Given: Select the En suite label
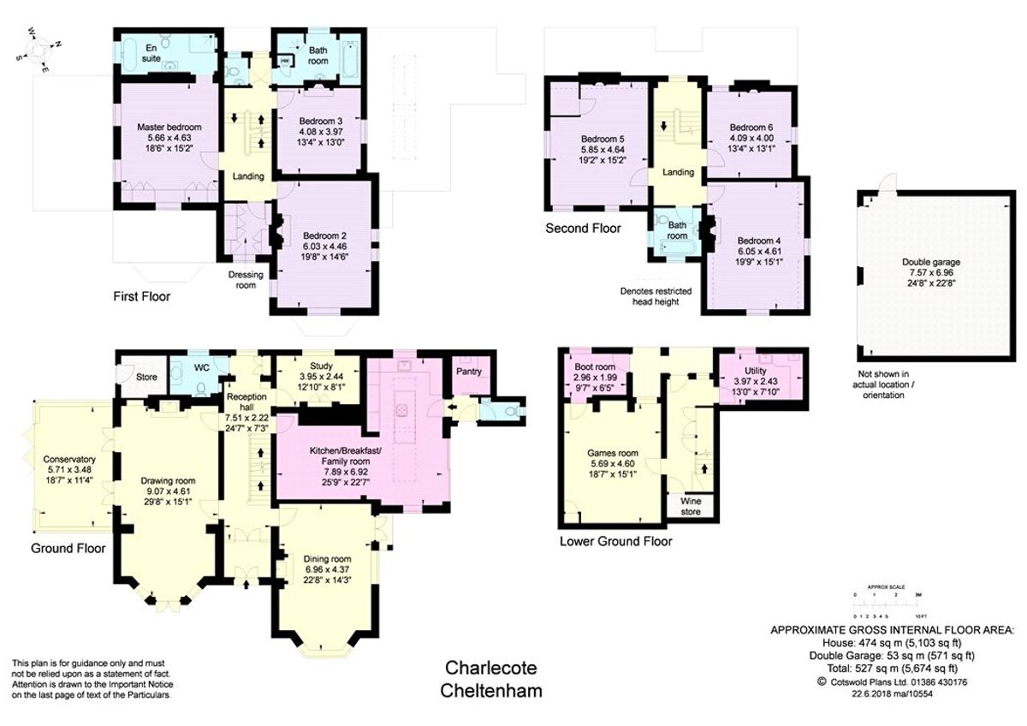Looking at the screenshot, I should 151,51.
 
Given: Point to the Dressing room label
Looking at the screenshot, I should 245,280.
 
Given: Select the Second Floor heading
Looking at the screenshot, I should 584,229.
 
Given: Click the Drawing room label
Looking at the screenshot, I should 168,480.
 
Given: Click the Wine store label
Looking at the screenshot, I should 690,506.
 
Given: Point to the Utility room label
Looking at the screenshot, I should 756,371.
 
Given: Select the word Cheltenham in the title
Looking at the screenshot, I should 492,691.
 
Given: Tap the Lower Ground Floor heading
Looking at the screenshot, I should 615,542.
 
